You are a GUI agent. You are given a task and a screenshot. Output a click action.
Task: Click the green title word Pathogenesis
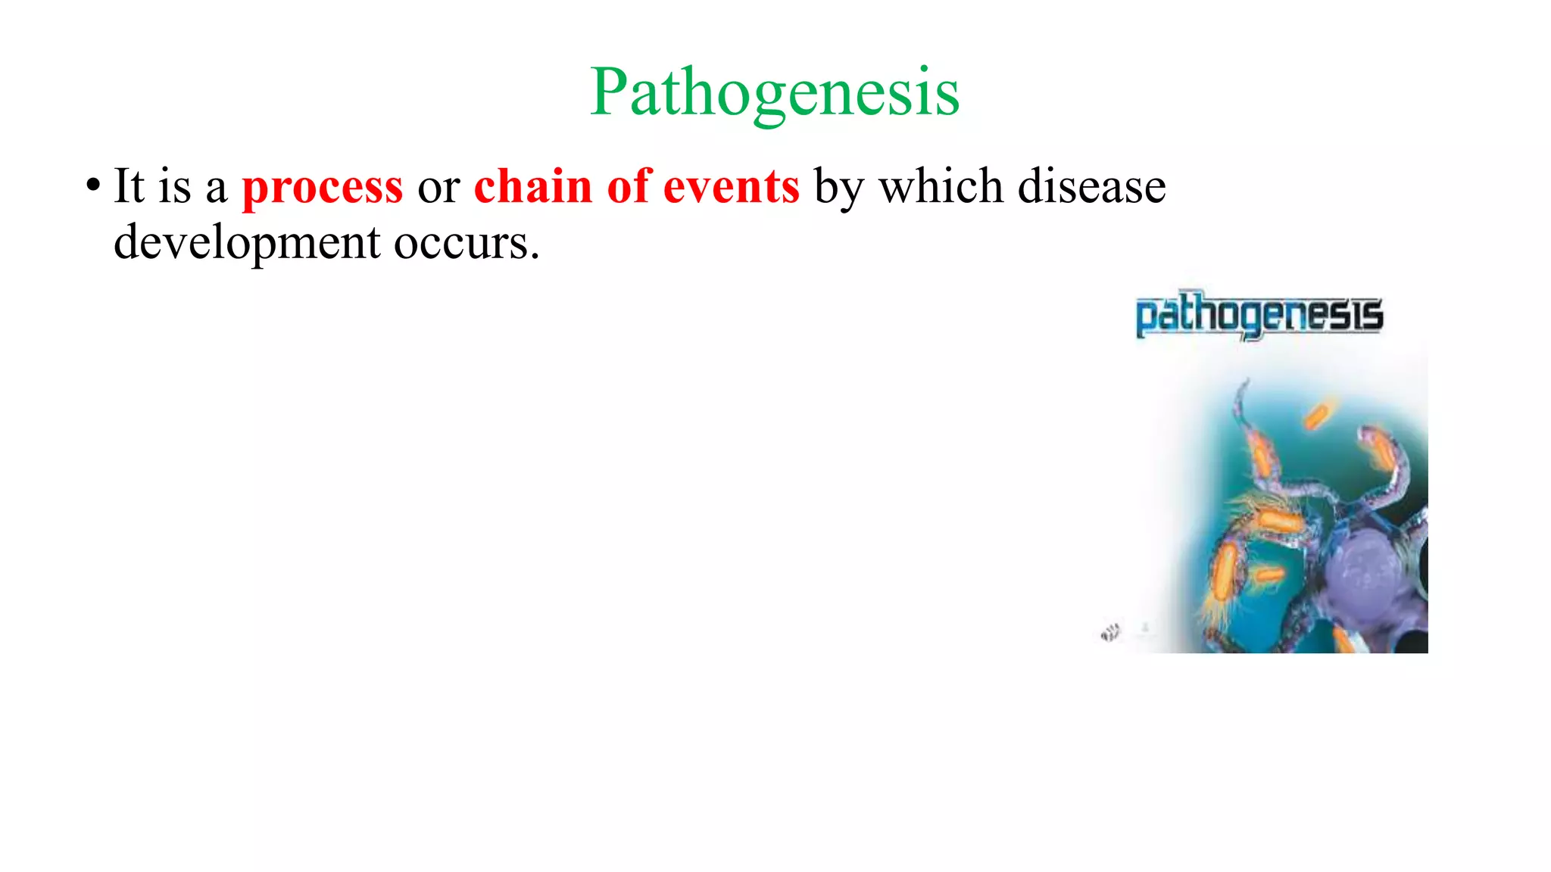pyautogui.click(x=775, y=92)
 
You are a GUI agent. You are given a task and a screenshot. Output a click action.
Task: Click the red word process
pyautogui.click(x=322, y=187)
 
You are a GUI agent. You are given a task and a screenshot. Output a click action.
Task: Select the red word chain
pyautogui.click(x=532, y=185)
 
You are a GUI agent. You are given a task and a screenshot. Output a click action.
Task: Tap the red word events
pyautogui.click(x=731, y=186)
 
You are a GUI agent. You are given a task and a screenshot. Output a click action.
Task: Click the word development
pyautogui.click(x=247, y=243)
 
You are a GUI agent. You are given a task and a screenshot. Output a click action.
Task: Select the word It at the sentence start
pyautogui.click(x=129, y=185)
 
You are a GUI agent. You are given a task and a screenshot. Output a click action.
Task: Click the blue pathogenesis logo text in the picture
pyautogui.click(x=1259, y=314)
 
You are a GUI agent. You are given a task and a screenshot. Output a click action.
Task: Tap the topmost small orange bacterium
pyautogui.click(x=1317, y=416)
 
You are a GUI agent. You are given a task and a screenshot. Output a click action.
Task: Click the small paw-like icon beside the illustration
pyautogui.click(x=1110, y=632)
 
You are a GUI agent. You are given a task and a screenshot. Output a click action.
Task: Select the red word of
pyautogui.click(x=628, y=185)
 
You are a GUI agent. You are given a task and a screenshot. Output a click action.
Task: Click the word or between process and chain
pyautogui.click(x=438, y=187)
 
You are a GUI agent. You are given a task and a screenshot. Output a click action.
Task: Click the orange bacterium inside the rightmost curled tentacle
pyautogui.click(x=1384, y=452)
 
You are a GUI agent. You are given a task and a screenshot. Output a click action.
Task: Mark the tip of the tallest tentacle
pyautogui.click(x=1244, y=381)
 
